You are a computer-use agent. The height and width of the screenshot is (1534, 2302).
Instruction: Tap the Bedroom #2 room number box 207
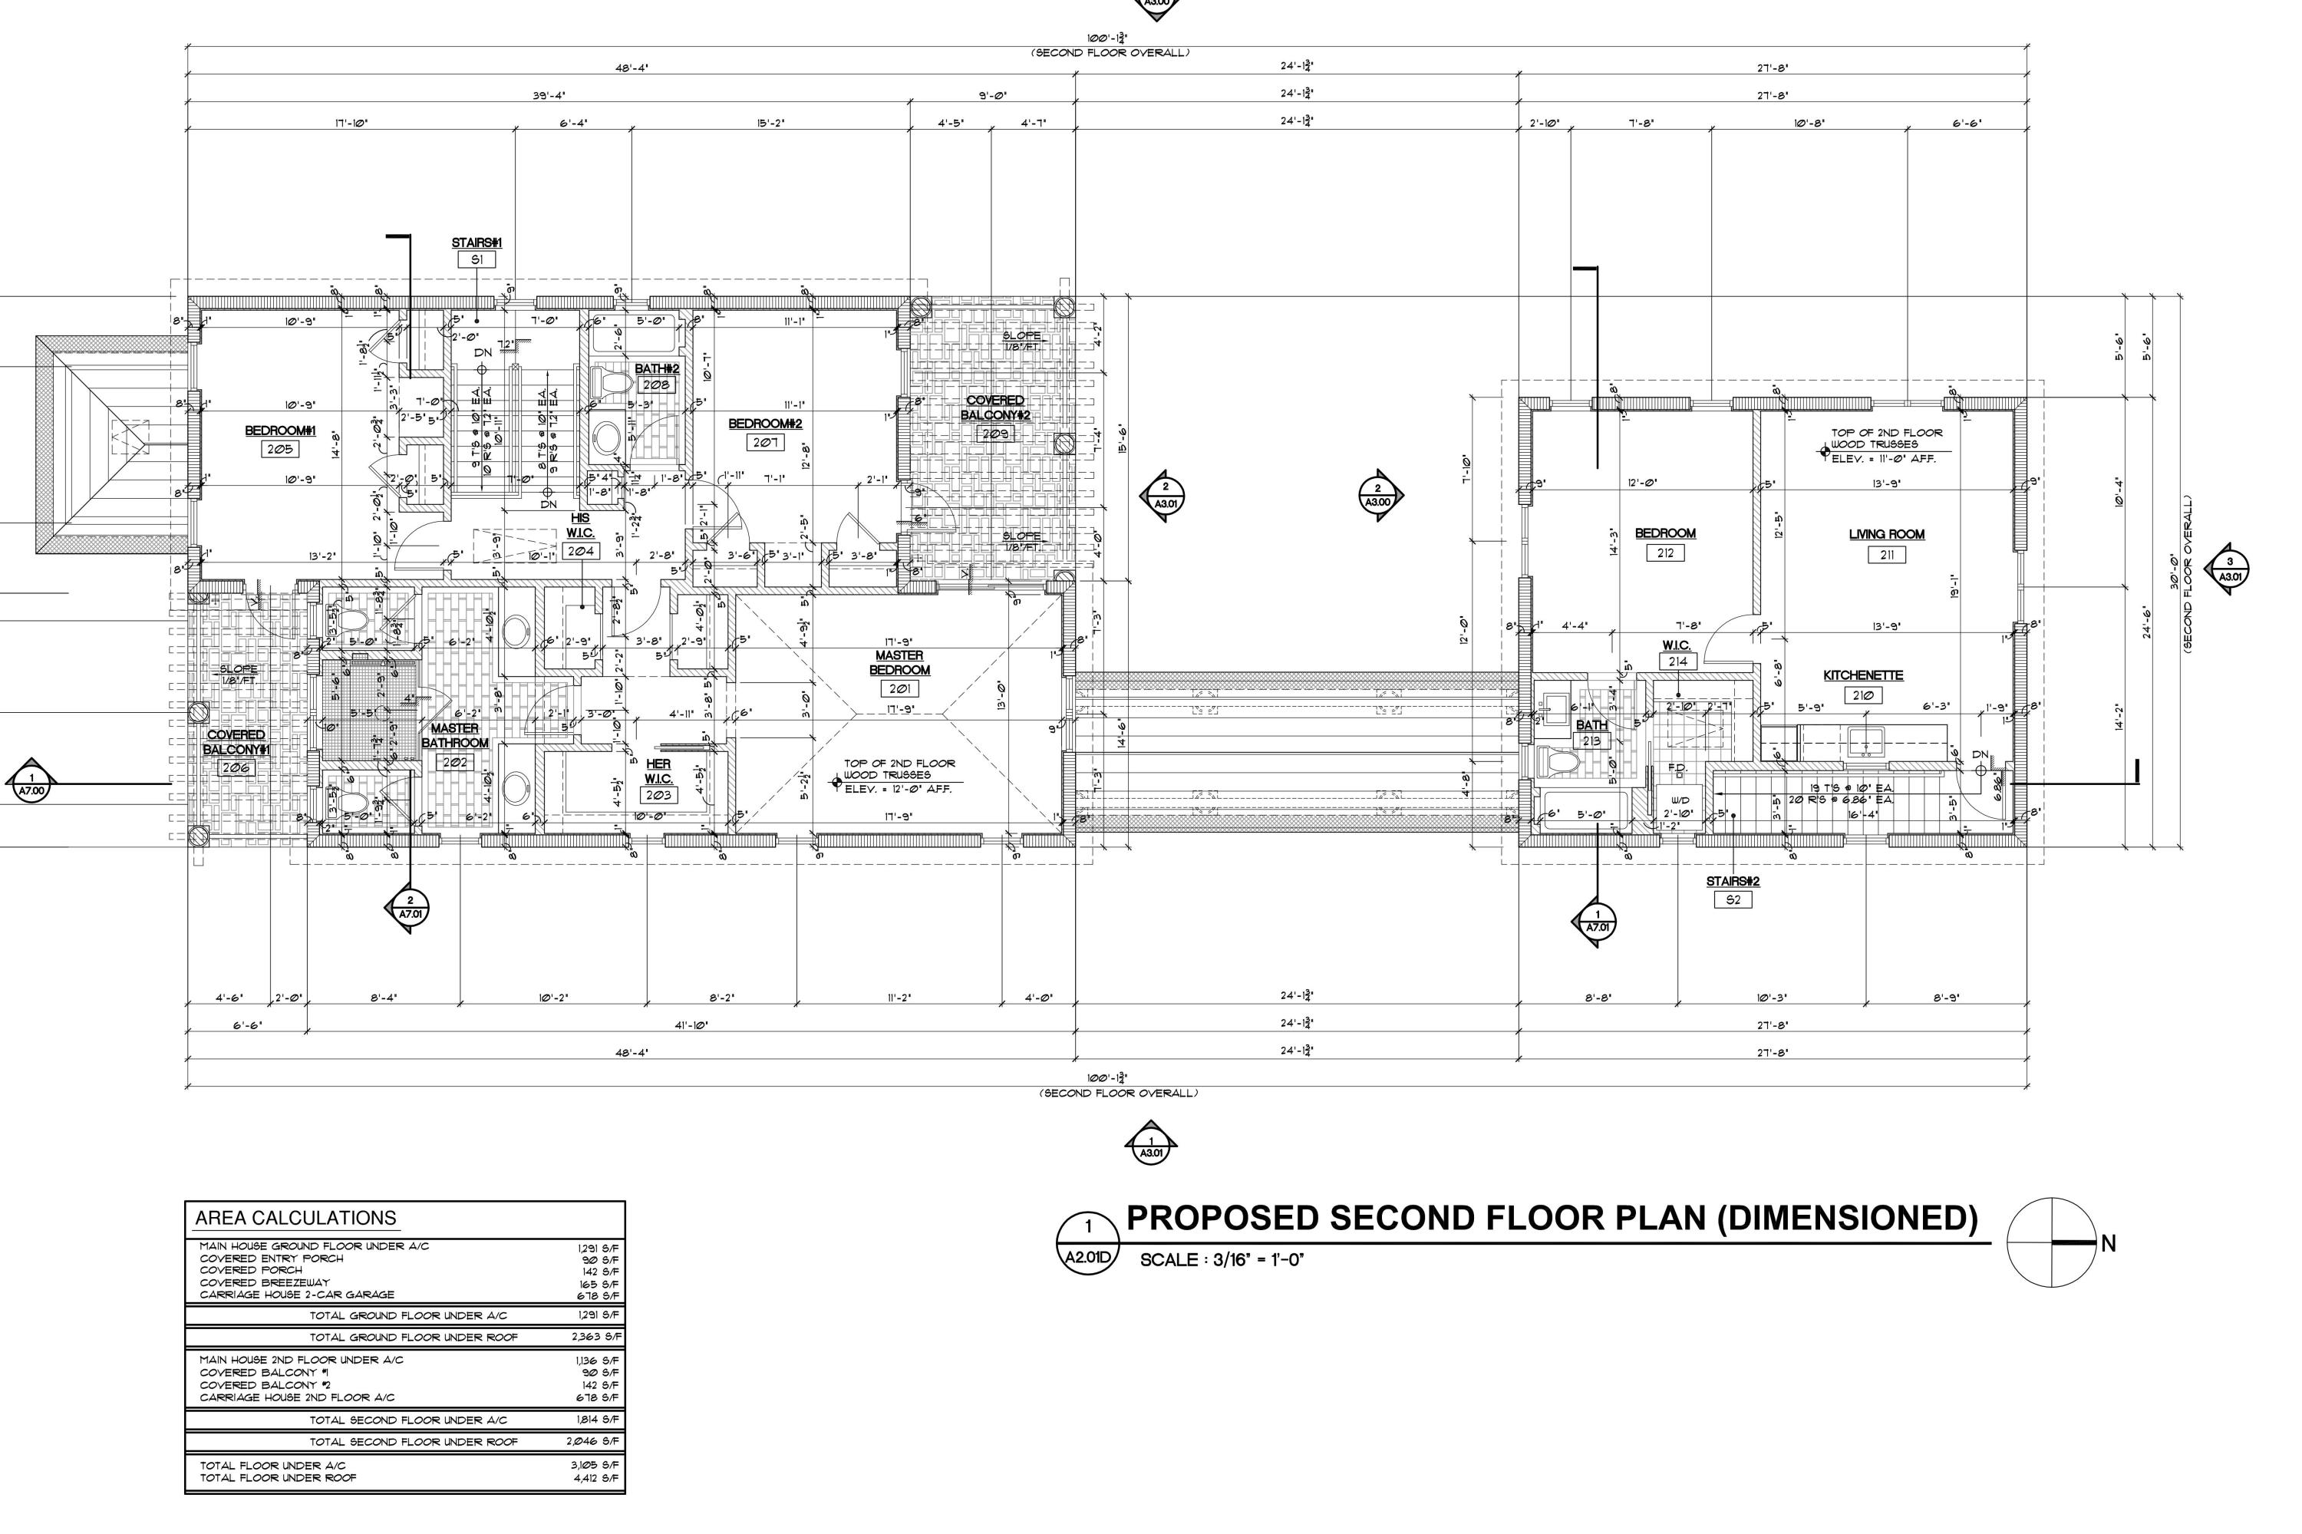pyautogui.click(x=764, y=442)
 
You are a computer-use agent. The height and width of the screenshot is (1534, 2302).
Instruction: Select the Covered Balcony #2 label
pyautogui.click(x=995, y=408)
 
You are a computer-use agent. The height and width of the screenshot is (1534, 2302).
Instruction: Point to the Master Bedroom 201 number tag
pyautogui.click(x=899, y=689)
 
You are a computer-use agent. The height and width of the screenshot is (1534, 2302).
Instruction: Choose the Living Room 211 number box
pyautogui.click(x=1886, y=555)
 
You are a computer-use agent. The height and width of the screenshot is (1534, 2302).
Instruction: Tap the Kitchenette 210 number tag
pyautogui.click(x=1863, y=695)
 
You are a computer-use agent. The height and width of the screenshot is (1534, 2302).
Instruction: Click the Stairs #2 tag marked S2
pyautogui.click(x=1733, y=900)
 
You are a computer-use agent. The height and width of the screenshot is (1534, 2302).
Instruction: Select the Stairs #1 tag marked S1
pyautogui.click(x=477, y=260)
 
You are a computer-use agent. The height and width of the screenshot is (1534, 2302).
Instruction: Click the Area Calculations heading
pyautogui.click(x=295, y=1218)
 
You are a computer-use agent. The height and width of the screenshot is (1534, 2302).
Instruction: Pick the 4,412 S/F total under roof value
pyautogui.click(x=595, y=1477)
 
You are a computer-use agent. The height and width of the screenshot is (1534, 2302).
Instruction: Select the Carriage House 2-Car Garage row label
pyautogui.click(x=296, y=1295)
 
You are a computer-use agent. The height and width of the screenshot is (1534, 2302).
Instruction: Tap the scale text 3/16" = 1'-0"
pyautogui.click(x=1222, y=1259)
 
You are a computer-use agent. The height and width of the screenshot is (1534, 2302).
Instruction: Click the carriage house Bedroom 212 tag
pyautogui.click(x=1665, y=553)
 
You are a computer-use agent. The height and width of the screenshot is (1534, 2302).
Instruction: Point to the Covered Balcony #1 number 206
pyautogui.click(x=235, y=768)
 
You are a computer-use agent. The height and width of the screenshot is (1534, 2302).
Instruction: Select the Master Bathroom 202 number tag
pyautogui.click(x=455, y=762)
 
